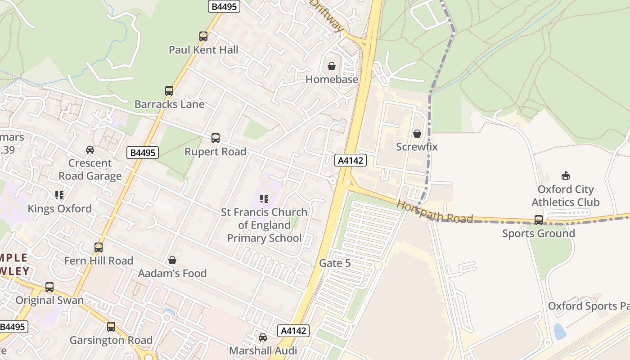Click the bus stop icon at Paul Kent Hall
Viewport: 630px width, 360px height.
pos(203,36)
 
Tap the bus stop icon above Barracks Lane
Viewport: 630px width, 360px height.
pos(169,91)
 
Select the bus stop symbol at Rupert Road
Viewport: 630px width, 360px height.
pos(216,138)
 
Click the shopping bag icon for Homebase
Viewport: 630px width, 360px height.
pos(332,67)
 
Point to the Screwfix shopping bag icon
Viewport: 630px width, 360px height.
pos(417,134)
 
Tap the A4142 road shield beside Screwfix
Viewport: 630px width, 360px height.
pos(351,160)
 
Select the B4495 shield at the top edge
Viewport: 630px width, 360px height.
pos(224,6)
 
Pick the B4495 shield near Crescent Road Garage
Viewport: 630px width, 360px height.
pos(143,153)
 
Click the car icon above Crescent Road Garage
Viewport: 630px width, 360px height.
pos(90,150)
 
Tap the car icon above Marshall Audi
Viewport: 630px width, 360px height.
pos(263,337)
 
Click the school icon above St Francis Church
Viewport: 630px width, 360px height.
pos(264,198)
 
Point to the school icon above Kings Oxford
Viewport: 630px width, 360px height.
pos(59,195)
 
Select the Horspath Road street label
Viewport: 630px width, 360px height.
pos(435,212)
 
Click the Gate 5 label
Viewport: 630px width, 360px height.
pos(335,263)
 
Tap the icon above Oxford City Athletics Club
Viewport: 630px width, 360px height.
pos(566,176)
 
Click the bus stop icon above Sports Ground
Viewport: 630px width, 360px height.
pos(539,220)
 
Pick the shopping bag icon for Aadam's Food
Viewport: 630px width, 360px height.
pos(172,260)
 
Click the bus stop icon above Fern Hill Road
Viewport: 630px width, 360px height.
pos(99,247)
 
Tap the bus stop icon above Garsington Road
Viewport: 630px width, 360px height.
pos(111,327)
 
